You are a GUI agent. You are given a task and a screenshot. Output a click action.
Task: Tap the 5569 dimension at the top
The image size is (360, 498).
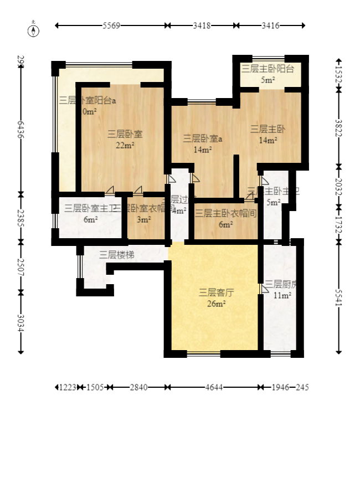(x=111, y=25)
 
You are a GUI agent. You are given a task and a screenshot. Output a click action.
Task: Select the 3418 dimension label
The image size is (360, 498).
(x=201, y=25)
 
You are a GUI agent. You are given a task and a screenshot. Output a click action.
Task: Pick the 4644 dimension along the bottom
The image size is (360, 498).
(x=214, y=387)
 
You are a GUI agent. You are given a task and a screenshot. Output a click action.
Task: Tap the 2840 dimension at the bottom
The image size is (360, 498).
(x=138, y=387)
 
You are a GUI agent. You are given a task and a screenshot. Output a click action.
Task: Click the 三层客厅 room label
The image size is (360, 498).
(x=213, y=292)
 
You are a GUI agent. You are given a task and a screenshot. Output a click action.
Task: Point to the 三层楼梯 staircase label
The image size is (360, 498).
(x=117, y=255)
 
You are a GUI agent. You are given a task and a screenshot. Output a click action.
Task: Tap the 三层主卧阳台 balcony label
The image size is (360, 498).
(x=268, y=69)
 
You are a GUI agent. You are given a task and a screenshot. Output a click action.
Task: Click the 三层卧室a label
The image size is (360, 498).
(x=203, y=138)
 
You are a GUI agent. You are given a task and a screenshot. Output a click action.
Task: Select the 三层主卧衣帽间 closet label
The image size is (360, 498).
(x=225, y=213)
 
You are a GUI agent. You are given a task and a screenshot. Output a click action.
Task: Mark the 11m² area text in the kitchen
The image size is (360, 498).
(x=282, y=295)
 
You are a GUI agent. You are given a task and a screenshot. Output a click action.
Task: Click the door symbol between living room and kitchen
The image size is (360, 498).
(x=263, y=289)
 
